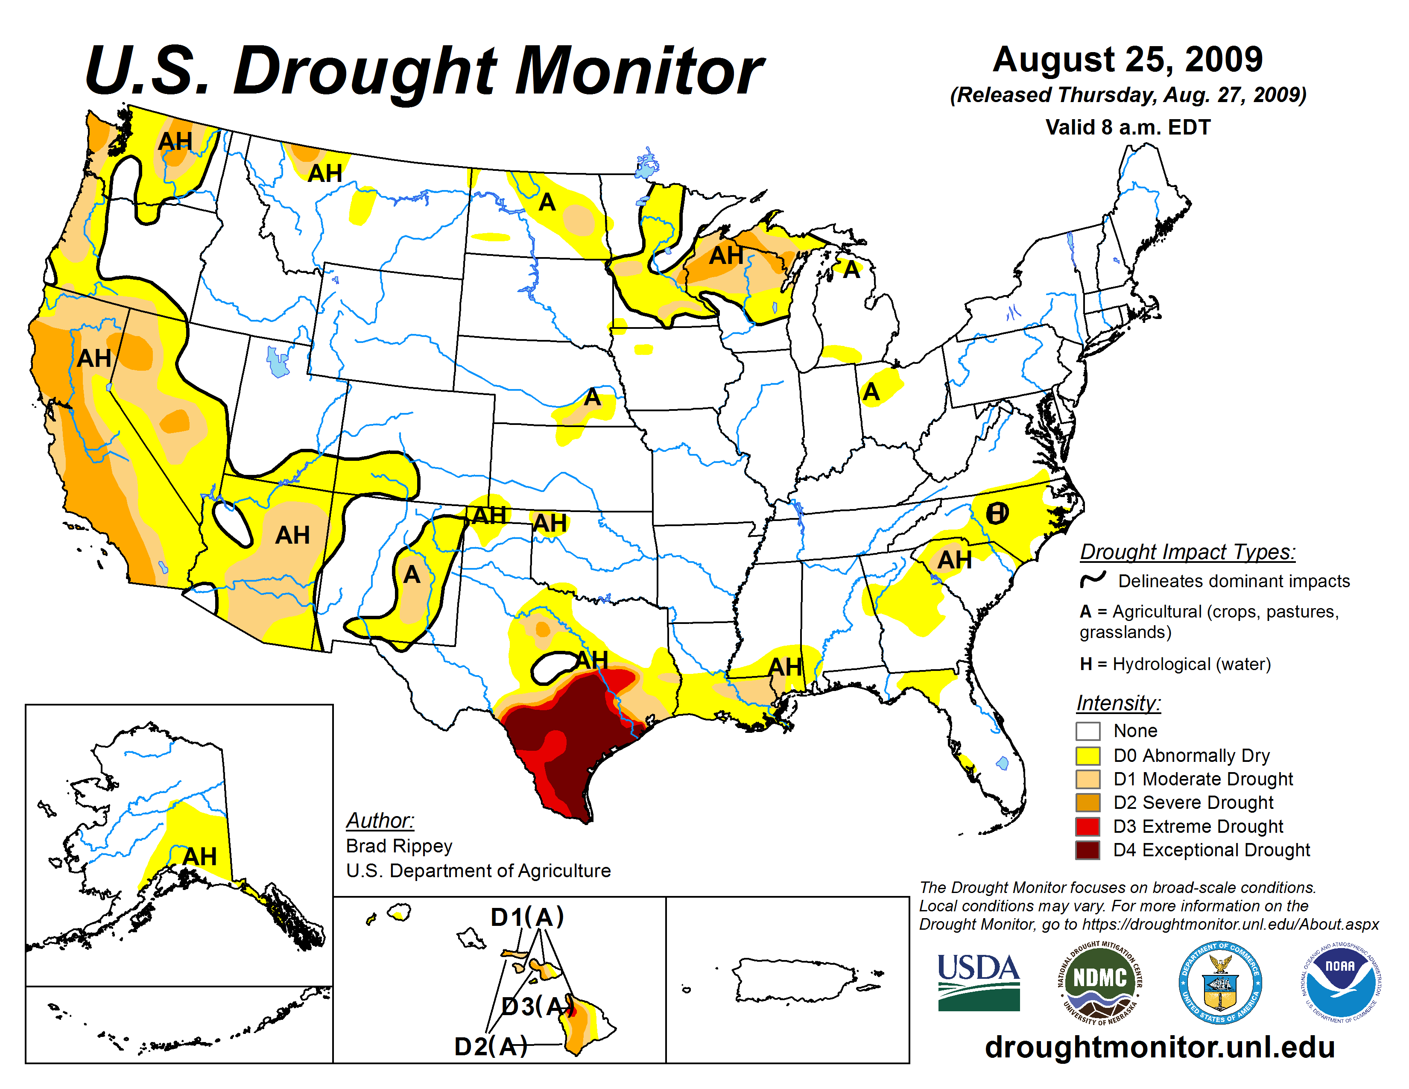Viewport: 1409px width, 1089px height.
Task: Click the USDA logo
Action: pos(978,982)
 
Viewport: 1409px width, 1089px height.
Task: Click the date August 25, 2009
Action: pos(1127,60)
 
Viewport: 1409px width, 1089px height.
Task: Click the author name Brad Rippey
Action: pos(399,846)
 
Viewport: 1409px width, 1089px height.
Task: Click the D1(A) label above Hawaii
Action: pos(527,917)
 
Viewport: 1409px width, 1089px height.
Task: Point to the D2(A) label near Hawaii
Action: pos(490,1046)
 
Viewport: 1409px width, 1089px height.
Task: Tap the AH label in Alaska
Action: pos(199,857)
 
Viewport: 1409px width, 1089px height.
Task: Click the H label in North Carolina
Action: pos(997,513)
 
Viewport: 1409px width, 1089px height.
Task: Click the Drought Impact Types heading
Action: pos(1187,552)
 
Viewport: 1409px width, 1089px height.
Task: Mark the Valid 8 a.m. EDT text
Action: pos(1128,127)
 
